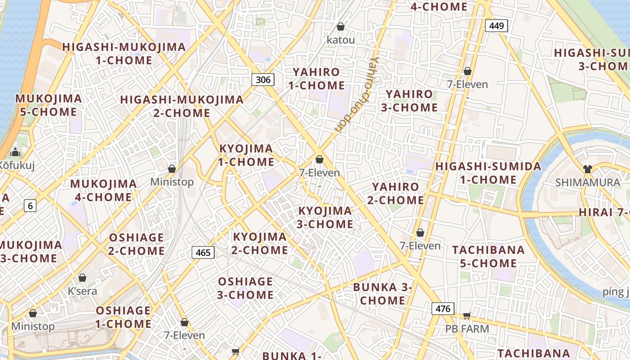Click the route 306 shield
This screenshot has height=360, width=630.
pos(263,80)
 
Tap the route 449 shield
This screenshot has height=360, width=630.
pos(496,26)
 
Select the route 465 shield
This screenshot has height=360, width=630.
pos(203,252)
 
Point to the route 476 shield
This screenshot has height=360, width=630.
pos(443,309)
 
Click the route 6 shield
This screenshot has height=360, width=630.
pos(30,206)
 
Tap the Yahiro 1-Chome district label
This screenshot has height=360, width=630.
pos(316,79)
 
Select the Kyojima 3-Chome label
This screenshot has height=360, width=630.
pos(325,217)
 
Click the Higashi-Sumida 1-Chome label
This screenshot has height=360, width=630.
pos(488,173)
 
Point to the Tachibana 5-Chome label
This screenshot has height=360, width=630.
pos(488,256)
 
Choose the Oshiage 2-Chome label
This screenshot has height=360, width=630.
pos(136,244)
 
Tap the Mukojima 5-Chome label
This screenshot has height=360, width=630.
pos(49,105)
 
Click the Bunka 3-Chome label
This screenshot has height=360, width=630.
pos(383,293)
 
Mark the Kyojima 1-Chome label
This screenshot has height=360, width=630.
pos(246,155)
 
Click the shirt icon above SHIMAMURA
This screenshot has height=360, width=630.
pos(587,169)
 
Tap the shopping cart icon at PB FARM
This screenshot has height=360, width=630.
pos(467,316)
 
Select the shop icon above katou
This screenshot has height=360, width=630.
pos(341,27)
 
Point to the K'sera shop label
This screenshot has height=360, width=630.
pos(82,291)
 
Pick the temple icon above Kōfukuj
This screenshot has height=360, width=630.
pos(16,153)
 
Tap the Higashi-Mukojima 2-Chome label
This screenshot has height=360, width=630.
pos(182,106)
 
